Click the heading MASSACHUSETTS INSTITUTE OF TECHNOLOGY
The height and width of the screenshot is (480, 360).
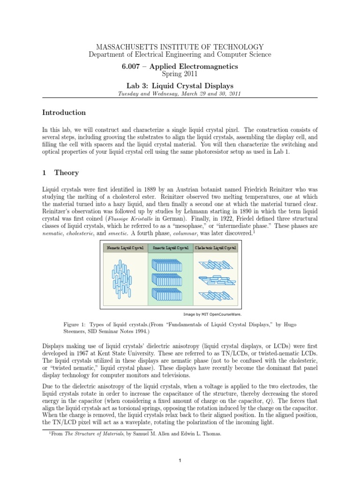coord(180,47)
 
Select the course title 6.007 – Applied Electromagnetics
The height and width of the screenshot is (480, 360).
coord(180,67)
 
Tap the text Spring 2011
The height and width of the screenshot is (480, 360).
coord(180,74)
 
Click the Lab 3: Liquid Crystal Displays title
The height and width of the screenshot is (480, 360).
coord(180,85)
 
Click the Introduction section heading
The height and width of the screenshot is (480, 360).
coord(64,112)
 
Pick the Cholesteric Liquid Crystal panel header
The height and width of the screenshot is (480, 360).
coord(215,247)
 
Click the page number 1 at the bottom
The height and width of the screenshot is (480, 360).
coord(180,461)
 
